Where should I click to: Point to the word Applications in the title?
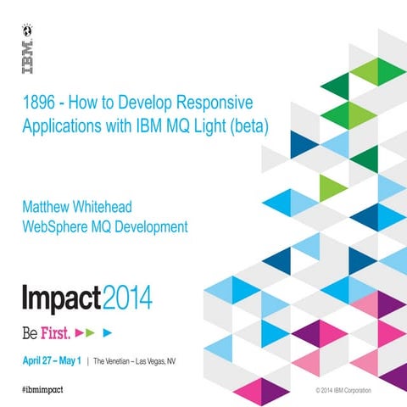coord(58,126)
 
